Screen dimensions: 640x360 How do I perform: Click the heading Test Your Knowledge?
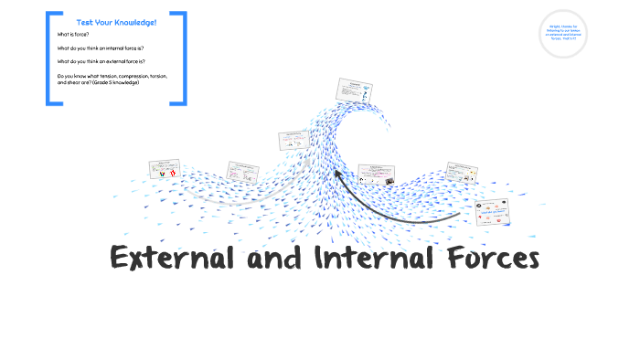click(x=116, y=21)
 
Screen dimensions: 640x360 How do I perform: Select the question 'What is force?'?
click(x=71, y=34)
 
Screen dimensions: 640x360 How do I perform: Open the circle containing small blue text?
click(x=562, y=34)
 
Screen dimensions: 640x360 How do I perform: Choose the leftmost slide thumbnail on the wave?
click(x=165, y=170)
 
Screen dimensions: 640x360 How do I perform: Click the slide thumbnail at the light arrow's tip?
click(x=293, y=140)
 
